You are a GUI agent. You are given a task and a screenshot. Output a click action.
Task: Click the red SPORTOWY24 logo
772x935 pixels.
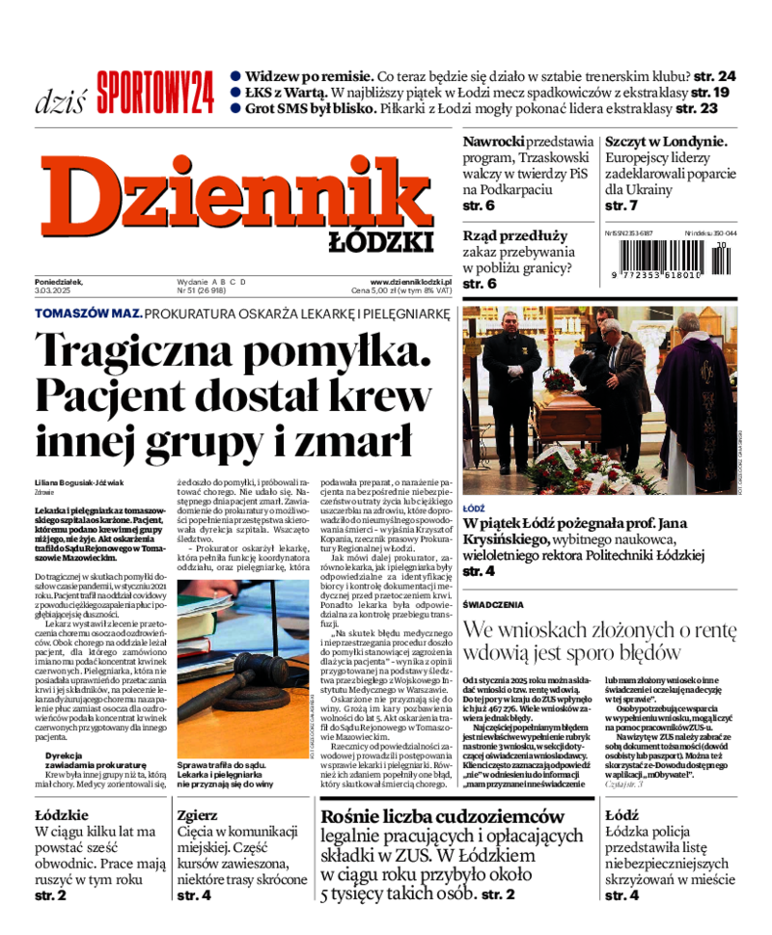pyautogui.click(x=154, y=93)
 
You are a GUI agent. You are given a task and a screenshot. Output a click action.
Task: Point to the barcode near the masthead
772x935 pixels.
pyautogui.click(x=666, y=259)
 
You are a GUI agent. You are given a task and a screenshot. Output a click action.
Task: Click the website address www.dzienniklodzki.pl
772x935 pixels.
pyautogui.click(x=411, y=281)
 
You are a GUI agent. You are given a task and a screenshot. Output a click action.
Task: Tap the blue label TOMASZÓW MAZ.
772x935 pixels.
pyautogui.click(x=88, y=314)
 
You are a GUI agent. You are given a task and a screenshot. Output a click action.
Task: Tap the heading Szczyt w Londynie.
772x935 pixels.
pyautogui.click(x=666, y=141)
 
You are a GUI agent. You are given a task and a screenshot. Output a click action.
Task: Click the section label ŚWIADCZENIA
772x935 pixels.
pyautogui.click(x=493, y=605)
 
